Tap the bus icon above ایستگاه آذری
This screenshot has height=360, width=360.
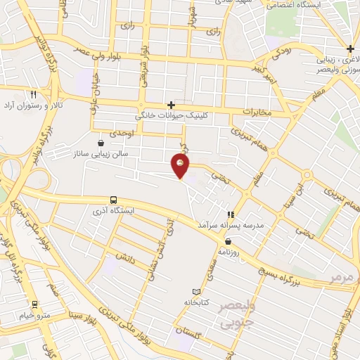[x=114, y=200]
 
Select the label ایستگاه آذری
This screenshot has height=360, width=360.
[x=114, y=211]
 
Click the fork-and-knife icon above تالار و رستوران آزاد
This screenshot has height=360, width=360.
[x=33, y=94]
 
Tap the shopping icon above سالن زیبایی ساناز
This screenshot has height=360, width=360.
[x=102, y=142]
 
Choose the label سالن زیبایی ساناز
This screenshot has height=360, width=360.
[x=103, y=153]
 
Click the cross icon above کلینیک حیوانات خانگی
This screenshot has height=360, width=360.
[x=171, y=104]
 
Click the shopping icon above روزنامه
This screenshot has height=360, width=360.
[x=229, y=241]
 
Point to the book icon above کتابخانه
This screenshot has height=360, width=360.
[x=196, y=292]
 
